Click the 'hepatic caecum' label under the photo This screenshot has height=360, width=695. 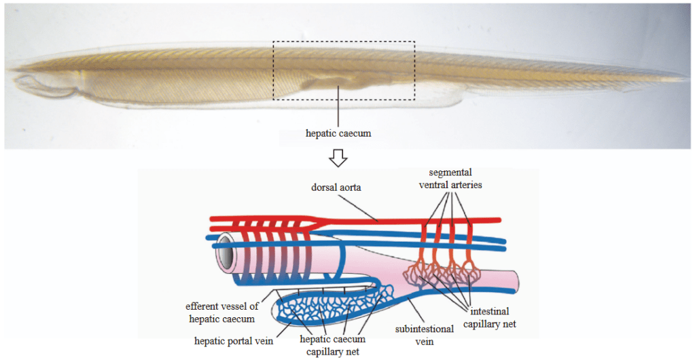coord(338,133)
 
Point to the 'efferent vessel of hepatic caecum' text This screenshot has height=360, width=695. coord(221,312)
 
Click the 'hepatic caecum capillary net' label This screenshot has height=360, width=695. coord(334,345)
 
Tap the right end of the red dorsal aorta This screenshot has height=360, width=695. coord(499,220)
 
